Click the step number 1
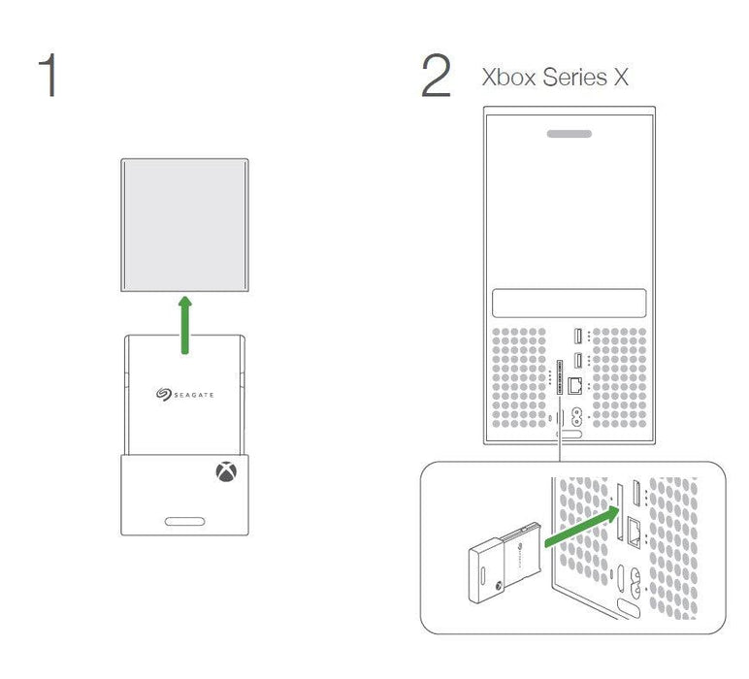pos(49,76)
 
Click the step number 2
pos(436,76)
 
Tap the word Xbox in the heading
pos(508,78)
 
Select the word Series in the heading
pos(574,78)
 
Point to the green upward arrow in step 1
pos(185,325)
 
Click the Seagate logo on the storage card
pos(185,395)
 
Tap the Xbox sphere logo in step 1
pos(226,471)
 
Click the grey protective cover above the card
pos(185,225)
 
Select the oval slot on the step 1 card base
pos(185,522)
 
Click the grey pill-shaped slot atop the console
pos(570,134)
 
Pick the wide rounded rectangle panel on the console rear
pos(569,303)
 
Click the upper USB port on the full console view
pos(577,337)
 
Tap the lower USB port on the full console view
pos(577,360)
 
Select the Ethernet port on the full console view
pos(574,385)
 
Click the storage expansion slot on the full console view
pos(560,377)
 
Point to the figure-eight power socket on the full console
pos(576,417)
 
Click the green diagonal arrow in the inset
pos(582,527)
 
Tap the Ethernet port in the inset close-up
pos(635,533)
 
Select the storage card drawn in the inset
pos(505,563)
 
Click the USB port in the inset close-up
pos(636,493)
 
